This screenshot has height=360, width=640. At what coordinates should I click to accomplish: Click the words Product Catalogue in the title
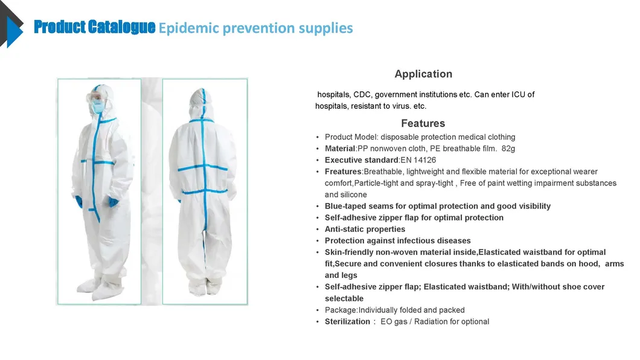(94, 27)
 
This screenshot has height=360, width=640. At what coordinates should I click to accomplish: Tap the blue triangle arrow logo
(14, 32)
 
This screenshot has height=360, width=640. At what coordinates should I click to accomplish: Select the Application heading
(423, 74)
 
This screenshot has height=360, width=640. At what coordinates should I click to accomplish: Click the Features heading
(423, 123)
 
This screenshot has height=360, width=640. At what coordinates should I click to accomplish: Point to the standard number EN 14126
(418, 160)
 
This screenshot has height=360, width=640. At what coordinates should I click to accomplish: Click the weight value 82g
(508, 149)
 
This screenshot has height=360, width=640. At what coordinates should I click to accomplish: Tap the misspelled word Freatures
(343, 172)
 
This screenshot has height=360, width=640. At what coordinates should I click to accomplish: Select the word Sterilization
(347, 321)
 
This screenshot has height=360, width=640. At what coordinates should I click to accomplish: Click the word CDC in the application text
(362, 95)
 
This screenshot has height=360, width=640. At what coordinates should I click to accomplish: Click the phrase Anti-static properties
(365, 230)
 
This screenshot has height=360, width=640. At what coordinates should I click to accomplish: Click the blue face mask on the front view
(98, 107)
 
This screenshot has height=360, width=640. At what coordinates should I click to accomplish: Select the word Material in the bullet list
(339, 149)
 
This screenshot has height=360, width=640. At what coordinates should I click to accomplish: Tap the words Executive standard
(362, 160)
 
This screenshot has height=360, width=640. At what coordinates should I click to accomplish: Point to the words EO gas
(394, 321)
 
